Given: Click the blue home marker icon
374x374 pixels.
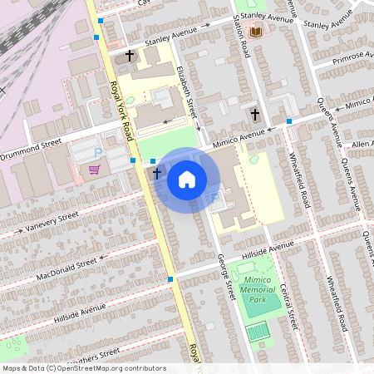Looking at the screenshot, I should click(187, 179).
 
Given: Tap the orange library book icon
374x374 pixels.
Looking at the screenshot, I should click(256, 32).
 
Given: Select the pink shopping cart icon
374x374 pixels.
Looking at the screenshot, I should click(94, 170).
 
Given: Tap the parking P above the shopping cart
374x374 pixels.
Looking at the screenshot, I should click(98, 153).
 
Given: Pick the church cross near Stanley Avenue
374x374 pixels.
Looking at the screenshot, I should click(129, 56).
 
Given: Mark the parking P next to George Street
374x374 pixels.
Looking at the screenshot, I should click(214, 198).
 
